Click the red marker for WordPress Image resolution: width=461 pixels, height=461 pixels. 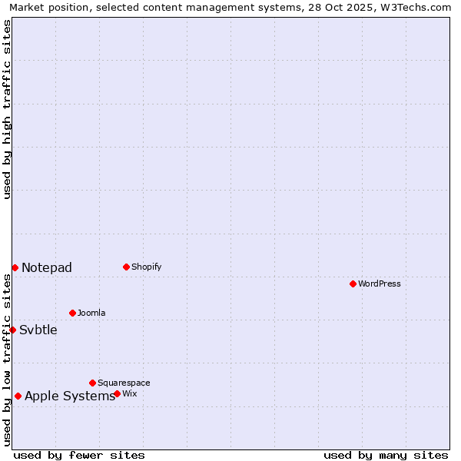pyautogui.click(x=353, y=284)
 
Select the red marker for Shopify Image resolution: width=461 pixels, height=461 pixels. pyautogui.click(x=126, y=267)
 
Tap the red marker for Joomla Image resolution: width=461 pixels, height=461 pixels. pyautogui.click(x=72, y=313)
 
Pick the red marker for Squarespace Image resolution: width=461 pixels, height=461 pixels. pyautogui.click(x=92, y=383)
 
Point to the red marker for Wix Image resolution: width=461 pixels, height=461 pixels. pyautogui.click(x=117, y=393)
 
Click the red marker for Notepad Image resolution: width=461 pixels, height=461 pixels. pyautogui.click(x=15, y=267)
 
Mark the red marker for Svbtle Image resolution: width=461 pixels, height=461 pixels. pyautogui.click(x=12, y=330)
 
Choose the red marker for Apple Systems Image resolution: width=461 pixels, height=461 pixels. pyautogui.click(x=18, y=396)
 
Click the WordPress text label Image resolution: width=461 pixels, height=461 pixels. pyautogui.click(x=380, y=284)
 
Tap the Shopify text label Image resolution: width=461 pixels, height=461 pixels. pyautogui.click(x=147, y=267)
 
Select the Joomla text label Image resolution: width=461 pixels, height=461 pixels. pyautogui.click(x=91, y=313)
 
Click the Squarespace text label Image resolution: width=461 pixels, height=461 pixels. pyautogui.click(x=124, y=383)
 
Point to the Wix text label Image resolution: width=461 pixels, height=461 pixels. pyautogui.click(x=130, y=393)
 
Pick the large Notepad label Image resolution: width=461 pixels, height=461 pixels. pyautogui.click(x=47, y=267)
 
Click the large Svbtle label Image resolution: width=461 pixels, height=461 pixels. pyautogui.click(x=38, y=330)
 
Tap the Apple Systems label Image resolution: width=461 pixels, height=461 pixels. pyautogui.click(x=70, y=396)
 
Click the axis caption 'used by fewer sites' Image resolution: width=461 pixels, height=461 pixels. pyautogui.click(x=79, y=455)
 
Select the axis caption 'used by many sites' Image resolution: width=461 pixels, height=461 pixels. pyautogui.click(x=386, y=455)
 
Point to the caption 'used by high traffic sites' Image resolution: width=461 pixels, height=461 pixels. pyautogui.click(x=7, y=109)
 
